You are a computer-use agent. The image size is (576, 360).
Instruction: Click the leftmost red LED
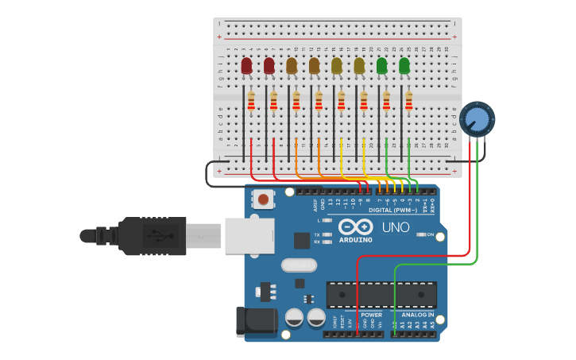(x=246, y=65)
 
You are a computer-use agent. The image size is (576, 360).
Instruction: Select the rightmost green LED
(x=404, y=65)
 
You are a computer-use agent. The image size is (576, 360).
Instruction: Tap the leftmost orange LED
(x=292, y=65)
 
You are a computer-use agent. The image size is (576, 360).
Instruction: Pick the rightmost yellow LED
(x=359, y=65)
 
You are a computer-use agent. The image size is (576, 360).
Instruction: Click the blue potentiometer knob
(x=477, y=119)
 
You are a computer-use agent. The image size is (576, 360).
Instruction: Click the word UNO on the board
(x=396, y=228)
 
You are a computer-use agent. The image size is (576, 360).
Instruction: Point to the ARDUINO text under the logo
(x=355, y=239)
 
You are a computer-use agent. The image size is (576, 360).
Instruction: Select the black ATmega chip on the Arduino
(x=381, y=295)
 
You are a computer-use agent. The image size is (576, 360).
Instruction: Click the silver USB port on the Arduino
(x=249, y=236)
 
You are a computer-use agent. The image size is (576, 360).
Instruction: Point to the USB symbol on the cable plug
(x=155, y=236)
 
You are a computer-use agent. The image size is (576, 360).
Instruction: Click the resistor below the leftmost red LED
(x=251, y=102)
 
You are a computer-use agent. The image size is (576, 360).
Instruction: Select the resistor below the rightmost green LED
(x=409, y=102)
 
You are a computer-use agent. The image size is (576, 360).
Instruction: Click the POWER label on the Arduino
(x=371, y=315)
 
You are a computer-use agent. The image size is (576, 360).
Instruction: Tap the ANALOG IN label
(x=417, y=315)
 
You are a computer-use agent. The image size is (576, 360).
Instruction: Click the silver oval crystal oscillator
(x=298, y=265)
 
